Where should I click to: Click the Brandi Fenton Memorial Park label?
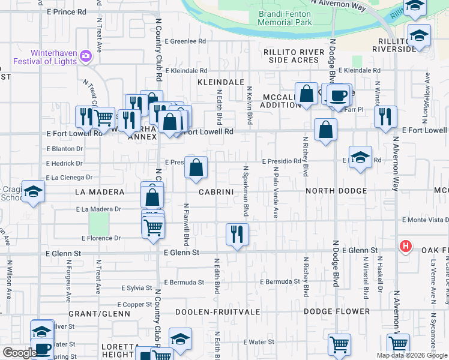point(285,18)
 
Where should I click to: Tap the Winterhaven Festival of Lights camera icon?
point(85,56)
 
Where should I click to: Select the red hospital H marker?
point(406,246)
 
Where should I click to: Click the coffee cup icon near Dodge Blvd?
point(338,95)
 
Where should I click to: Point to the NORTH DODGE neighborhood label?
point(336,191)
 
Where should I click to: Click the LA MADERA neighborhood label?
point(100,192)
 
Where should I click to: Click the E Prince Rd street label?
point(66,11)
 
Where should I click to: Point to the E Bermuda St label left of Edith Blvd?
point(184,282)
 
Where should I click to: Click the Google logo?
point(19,353)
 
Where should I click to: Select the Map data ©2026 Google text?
point(411,355)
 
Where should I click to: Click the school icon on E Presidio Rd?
point(360,158)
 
